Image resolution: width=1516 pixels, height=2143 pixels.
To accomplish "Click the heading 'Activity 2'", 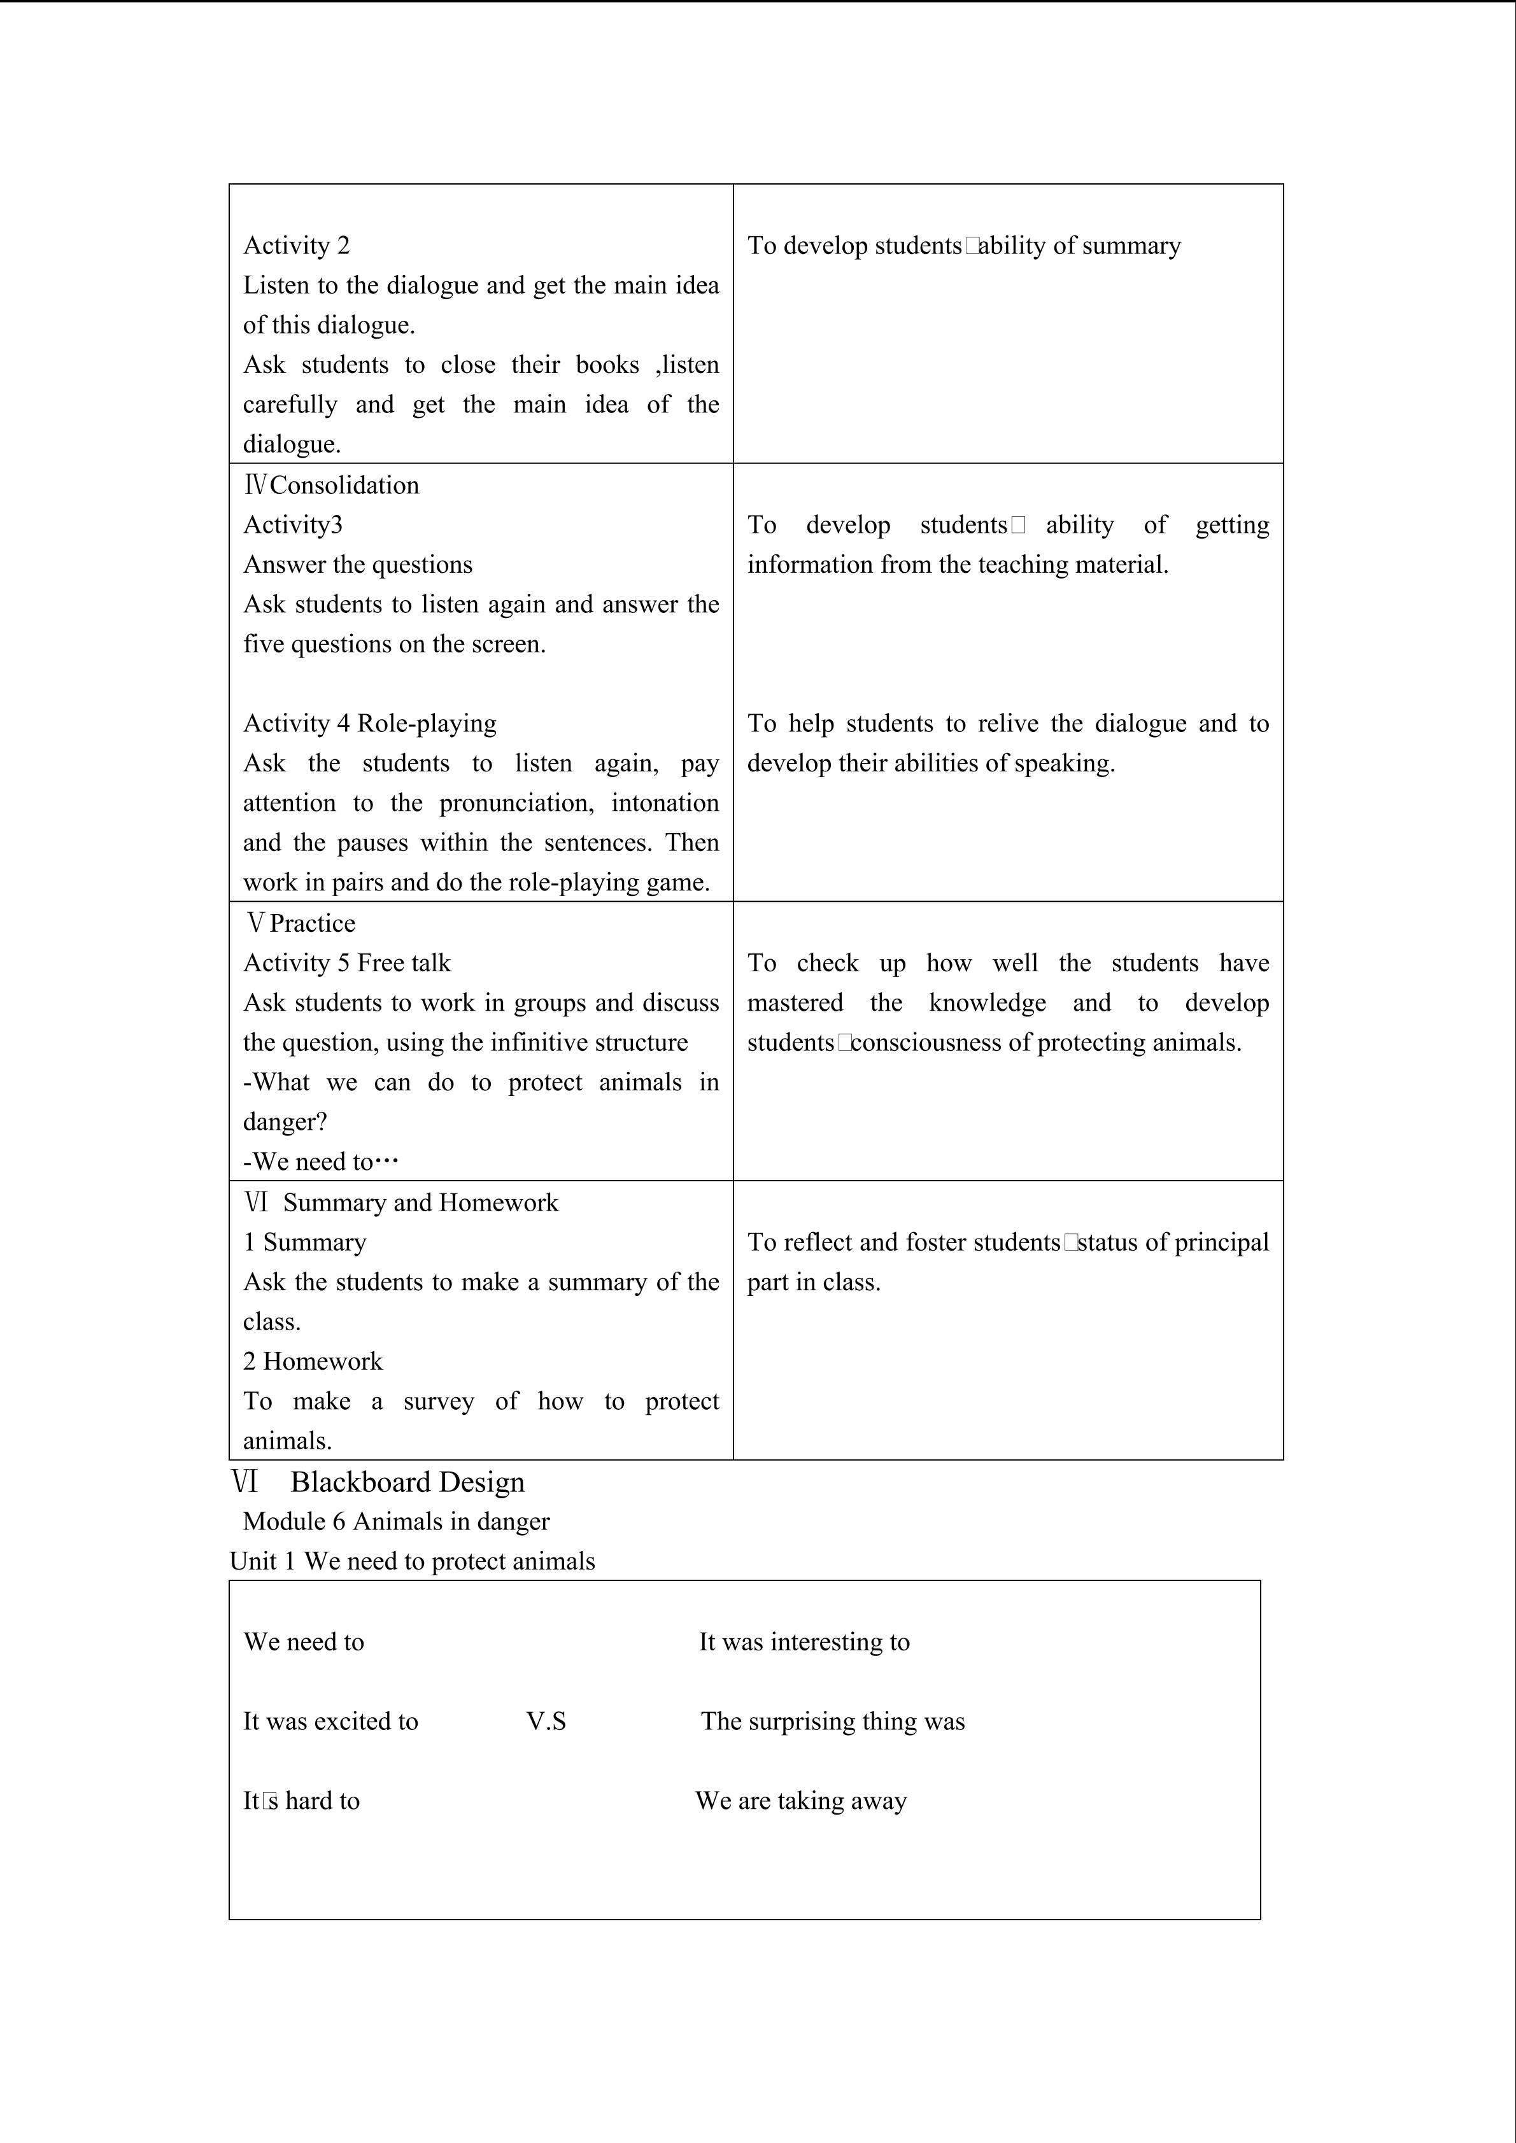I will (x=296, y=246).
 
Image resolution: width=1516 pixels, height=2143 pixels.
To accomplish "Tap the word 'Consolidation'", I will (x=344, y=486).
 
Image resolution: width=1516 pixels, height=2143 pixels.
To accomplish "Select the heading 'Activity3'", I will (x=292, y=524).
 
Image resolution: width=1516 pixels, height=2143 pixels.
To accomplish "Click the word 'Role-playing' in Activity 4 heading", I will (x=427, y=724).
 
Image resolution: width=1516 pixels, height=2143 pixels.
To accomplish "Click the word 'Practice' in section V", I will (x=312, y=923).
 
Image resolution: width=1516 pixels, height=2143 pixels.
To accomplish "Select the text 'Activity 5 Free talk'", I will (x=346, y=963).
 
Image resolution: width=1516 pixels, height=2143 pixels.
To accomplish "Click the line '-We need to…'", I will (x=320, y=1162).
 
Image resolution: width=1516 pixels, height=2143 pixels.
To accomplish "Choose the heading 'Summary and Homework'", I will (x=420, y=1202).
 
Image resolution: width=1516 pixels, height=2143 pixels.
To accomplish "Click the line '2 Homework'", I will (x=313, y=1361).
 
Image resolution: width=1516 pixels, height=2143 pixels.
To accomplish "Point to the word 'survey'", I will (x=438, y=1401).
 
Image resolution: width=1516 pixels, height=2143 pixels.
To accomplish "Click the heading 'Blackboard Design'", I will (x=407, y=1482).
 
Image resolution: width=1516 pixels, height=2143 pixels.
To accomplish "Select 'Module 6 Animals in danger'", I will (x=396, y=1521).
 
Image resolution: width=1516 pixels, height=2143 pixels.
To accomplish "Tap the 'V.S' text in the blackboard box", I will (x=546, y=1721).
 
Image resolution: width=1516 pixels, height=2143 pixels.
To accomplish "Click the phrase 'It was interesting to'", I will (x=804, y=1642).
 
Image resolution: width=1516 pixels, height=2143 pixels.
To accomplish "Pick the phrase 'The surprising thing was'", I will (x=833, y=1721).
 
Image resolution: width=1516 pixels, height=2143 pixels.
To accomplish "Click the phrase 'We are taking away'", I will (x=801, y=1801).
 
